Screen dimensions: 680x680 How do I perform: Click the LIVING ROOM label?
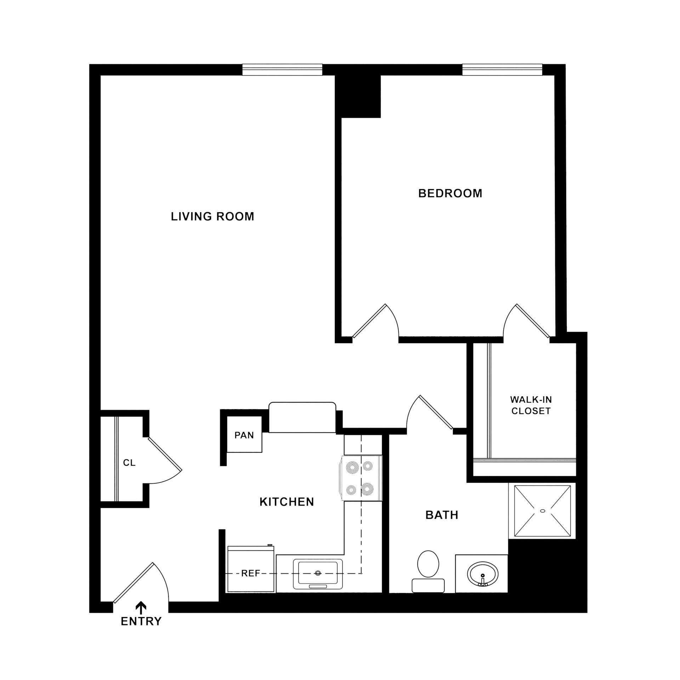(212, 216)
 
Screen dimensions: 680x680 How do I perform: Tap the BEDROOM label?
(450, 193)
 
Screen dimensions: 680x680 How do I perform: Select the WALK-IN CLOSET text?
(531, 405)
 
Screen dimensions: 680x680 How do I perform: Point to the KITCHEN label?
(287, 502)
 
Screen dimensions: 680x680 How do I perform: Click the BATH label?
(442, 515)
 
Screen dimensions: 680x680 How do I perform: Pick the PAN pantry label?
(244, 435)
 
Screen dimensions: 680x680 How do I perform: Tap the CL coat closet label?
(129, 463)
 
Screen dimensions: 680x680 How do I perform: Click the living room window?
(282, 69)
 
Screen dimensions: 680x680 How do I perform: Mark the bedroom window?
(502, 69)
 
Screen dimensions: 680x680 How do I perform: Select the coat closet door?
(165, 454)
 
